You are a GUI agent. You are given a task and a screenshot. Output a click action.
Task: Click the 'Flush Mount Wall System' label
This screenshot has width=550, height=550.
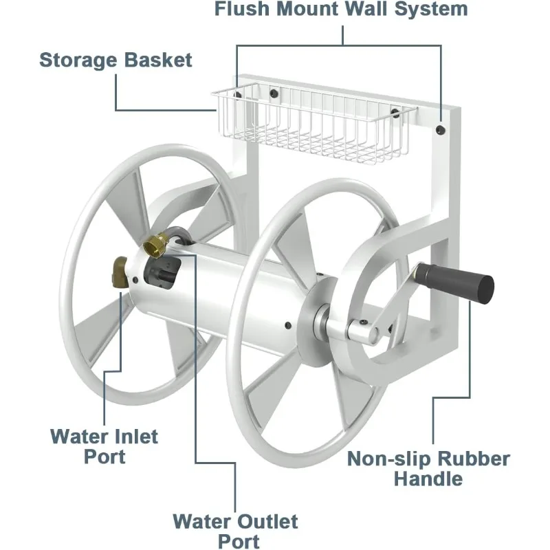click(341, 10)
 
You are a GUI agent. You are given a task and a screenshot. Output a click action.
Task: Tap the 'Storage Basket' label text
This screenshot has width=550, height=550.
click(115, 59)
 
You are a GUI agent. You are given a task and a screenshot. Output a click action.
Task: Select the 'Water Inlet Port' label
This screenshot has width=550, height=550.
click(104, 445)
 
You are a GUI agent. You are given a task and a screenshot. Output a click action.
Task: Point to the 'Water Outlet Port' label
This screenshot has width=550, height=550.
click(235, 531)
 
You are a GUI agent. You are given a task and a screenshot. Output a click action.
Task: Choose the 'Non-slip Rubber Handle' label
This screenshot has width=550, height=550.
click(428, 468)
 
